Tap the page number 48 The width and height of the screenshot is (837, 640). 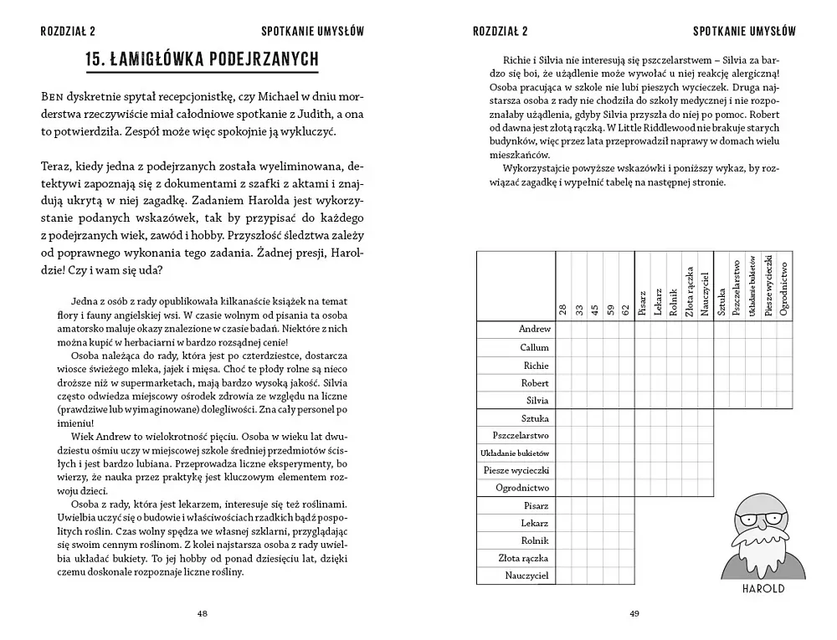203,613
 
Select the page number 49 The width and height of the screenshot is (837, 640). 634,613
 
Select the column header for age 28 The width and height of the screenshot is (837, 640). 565,310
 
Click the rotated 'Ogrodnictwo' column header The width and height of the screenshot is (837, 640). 783,287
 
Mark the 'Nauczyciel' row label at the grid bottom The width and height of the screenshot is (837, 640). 527,576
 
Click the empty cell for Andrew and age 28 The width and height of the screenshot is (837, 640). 565,330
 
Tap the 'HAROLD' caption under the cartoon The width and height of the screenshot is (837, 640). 763,588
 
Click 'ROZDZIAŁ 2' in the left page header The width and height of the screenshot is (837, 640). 68,32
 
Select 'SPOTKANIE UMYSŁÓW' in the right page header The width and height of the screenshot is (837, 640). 744,32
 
